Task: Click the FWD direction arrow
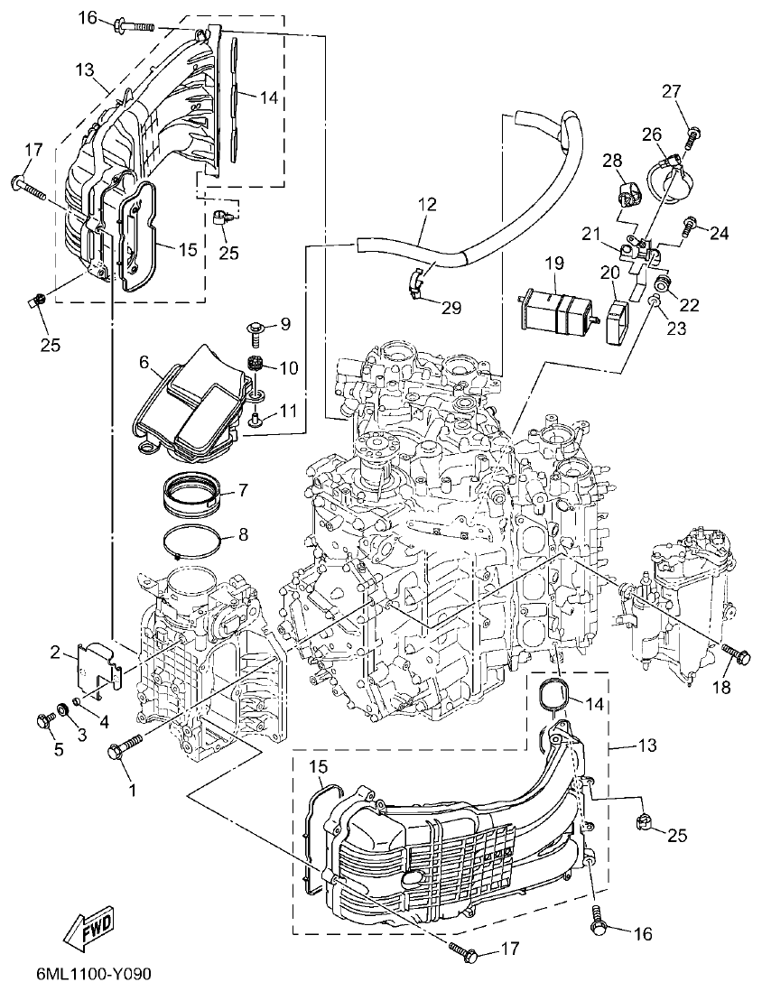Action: click(x=86, y=926)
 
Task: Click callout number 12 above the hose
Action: click(x=427, y=205)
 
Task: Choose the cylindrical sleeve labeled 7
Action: click(x=191, y=493)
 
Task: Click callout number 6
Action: click(x=144, y=362)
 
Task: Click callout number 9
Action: click(x=284, y=323)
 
